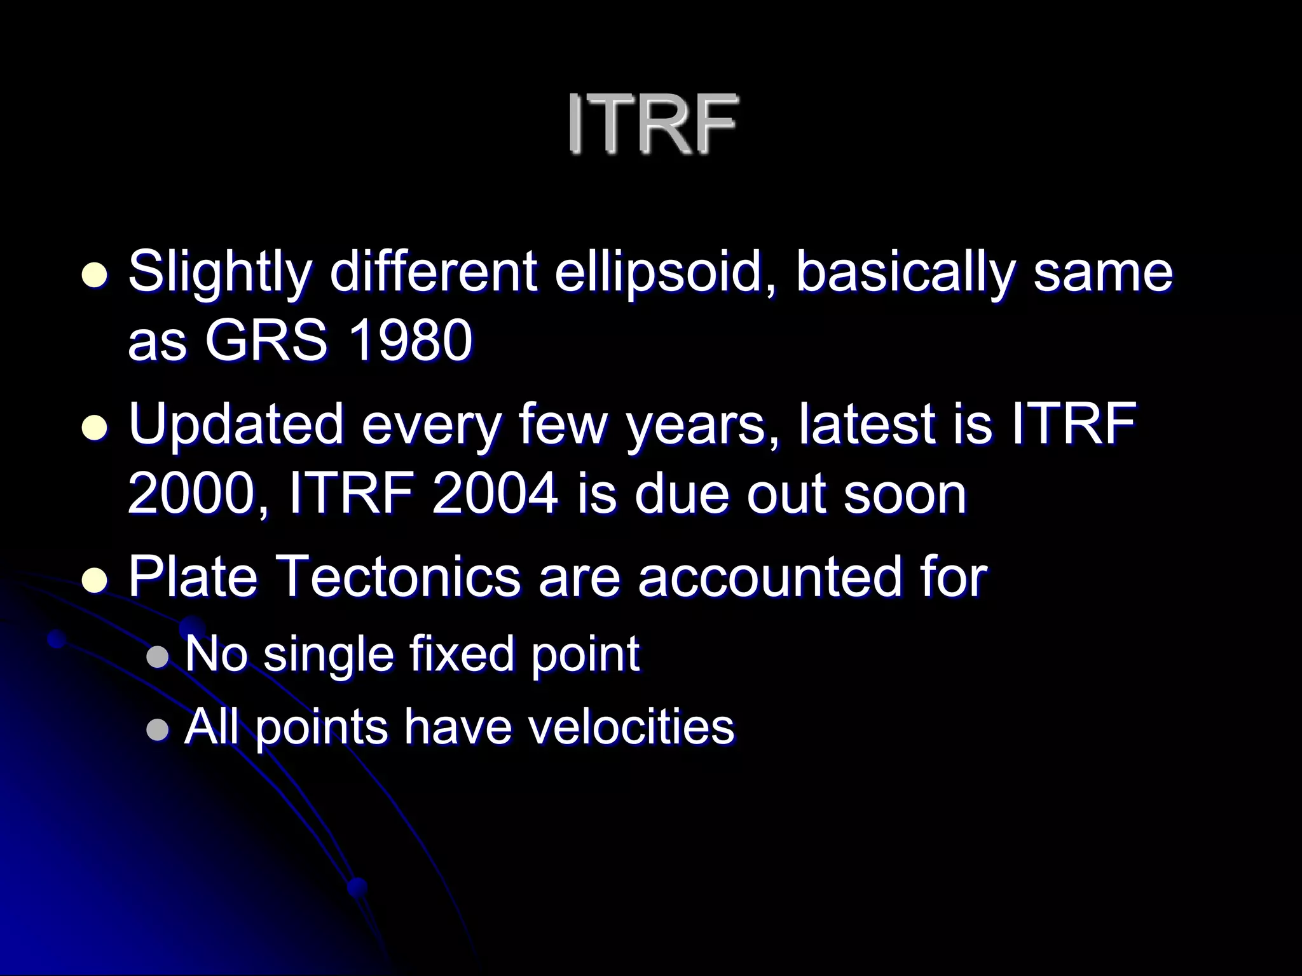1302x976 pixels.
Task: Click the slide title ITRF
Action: (651, 123)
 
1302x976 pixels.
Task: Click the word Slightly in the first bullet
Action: (219, 273)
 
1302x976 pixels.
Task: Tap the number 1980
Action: (411, 341)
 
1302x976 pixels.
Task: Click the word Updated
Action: (235, 424)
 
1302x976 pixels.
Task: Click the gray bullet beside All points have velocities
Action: (157, 730)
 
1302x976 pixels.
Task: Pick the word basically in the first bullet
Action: (903, 273)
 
